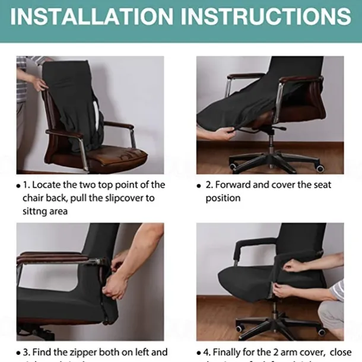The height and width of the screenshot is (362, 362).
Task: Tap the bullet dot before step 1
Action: (18, 186)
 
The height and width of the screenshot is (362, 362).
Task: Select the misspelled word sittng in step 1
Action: (37, 211)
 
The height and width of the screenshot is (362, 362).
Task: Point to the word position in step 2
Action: (223, 198)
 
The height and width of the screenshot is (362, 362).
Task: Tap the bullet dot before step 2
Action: (199, 186)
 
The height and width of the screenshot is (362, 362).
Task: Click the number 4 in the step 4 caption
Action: (208, 352)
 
